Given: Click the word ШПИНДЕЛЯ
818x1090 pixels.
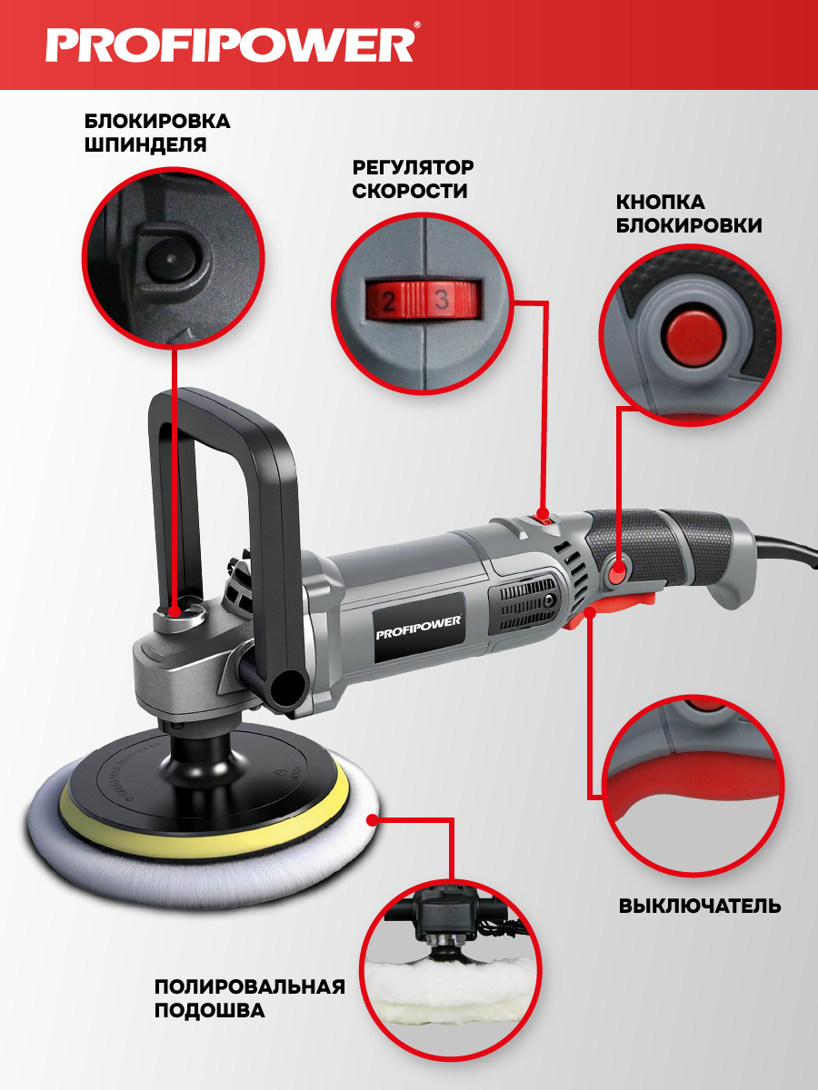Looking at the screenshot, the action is pyautogui.click(x=145, y=145).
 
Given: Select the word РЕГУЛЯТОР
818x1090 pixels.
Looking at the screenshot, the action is pyautogui.click(x=413, y=167).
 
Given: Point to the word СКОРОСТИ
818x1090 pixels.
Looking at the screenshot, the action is pyautogui.click(x=410, y=191).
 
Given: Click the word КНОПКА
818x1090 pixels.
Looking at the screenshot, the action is pyautogui.click(x=660, y=203).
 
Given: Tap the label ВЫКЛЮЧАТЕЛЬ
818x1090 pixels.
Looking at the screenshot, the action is pyautogui.click(x=700, y=907).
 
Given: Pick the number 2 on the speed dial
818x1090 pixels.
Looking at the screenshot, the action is pyautogui.click(x=389, y=301).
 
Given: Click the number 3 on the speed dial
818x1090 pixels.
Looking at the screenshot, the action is pyautogui.click(x=442, y=299).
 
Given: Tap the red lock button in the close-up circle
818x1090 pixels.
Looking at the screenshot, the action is pyautogui.click(x=691, y=332).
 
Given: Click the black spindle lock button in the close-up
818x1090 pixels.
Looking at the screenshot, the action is pyautogui.click(x=173, y=259).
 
